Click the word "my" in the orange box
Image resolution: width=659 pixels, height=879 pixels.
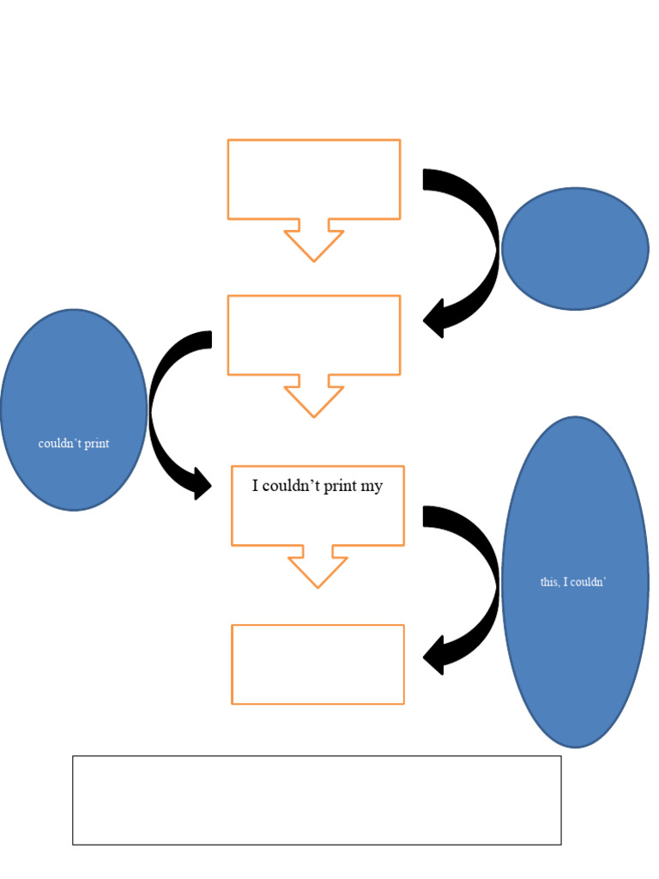pos(372,487)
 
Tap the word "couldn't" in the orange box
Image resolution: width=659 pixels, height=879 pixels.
pos(288,487)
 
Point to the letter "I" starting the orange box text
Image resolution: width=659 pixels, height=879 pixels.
pos(255,487)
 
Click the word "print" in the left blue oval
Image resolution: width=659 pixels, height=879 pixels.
pos(96,444)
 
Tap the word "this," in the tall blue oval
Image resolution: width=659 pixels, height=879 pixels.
pos(550,582)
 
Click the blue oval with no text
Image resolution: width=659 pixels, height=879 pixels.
pos(575,249)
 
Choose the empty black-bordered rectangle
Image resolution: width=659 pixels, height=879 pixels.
pos(317,800)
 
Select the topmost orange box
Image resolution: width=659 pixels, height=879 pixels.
pos(314,179)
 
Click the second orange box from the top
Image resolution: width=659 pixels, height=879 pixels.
pos(314,335)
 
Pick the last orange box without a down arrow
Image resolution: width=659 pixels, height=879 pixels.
pos(317,664)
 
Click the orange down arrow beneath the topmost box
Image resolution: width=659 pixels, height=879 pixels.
pos(314,243)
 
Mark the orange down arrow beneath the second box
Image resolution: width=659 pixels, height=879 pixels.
pos(314,399)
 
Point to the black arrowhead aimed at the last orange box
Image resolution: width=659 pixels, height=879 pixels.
pos(434,656)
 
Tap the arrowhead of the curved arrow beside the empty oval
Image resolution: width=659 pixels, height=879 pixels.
pos(434,319)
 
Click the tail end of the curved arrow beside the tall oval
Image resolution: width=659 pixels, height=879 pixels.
pos(429,516)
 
